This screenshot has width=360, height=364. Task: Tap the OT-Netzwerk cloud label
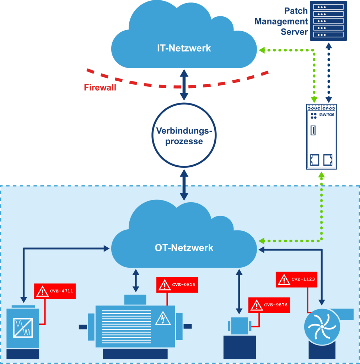pos(184,247)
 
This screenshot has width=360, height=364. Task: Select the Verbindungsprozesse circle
pos(184,135)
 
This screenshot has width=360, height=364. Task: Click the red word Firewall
pos(100,87)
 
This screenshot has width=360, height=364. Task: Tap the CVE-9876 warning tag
pos(269,305)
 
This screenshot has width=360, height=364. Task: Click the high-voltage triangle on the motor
pos(163,318)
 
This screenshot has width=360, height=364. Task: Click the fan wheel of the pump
pos(321,327)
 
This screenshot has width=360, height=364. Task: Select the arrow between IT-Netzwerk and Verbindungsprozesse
pos(184,85)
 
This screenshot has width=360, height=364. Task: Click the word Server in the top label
pos(294,32)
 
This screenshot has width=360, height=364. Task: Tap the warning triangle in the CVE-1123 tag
pos(284,280)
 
